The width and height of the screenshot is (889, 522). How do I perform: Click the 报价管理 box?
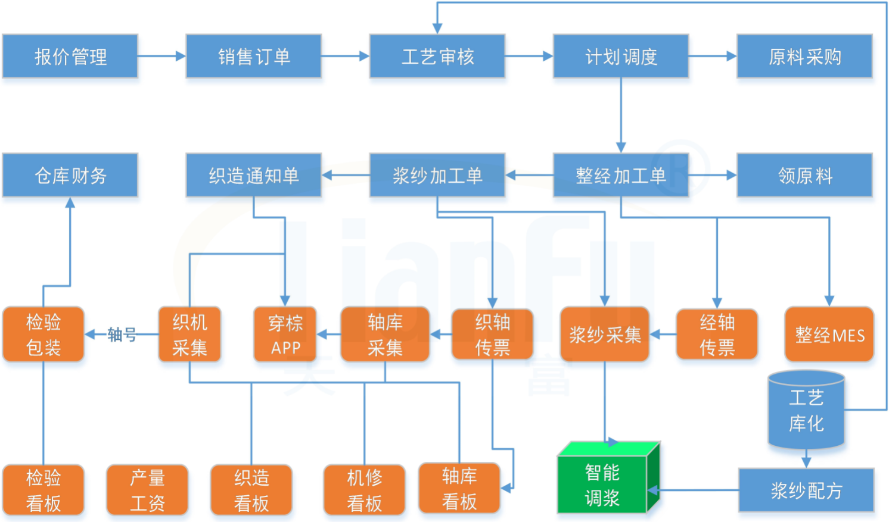(70, 57)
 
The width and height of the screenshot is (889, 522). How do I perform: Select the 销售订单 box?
(254, 57)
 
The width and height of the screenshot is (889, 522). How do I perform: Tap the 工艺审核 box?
(437, 57)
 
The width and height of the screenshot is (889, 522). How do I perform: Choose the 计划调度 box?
(621, 57)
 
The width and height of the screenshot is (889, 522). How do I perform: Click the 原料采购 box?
(804, 57)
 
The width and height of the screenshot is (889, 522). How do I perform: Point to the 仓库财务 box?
(70, 176)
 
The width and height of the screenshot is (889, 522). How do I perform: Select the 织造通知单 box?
(254, 176)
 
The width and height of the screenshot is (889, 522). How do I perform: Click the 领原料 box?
(804, 176)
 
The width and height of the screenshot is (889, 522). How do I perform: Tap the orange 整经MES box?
(829, 335)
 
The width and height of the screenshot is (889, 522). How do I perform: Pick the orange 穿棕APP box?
(285, 335)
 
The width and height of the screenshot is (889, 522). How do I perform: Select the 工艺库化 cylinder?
(806, 411)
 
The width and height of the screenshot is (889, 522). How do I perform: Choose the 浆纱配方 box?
(806, 490)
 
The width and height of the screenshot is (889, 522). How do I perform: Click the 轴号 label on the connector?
(122, 335)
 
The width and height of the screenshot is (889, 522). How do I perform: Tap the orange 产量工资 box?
(147, 490)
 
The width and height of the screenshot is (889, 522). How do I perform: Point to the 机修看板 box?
(364, 490)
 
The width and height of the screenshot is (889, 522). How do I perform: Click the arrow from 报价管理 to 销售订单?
(161, 57)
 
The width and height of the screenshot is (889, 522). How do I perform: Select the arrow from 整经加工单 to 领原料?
(713, 176)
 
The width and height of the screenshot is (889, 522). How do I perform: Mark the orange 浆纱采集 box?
(605, 335)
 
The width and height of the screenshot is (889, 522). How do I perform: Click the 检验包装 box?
(43, 335)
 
